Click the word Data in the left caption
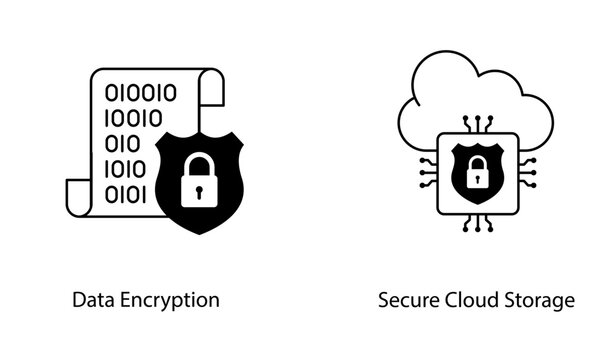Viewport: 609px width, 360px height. [91, 300]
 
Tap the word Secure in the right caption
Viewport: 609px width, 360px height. [404, 300]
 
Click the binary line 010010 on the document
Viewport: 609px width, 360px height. [141, 94]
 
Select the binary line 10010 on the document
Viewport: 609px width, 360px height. [134, 119]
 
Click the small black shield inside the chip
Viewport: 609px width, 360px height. [478, 167]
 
